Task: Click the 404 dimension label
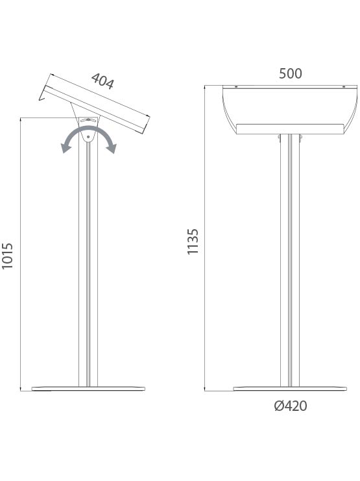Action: click(102, 81)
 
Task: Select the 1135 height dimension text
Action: click(193, 241)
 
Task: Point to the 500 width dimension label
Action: click(290, 74)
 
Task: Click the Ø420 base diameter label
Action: click(290, 406)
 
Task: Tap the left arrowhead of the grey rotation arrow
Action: click(66, 149)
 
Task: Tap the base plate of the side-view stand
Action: click(88, 389)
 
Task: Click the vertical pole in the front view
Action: click(290, 260)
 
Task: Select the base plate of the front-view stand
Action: click(290, 389)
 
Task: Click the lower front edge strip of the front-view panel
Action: click(290, 129)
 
